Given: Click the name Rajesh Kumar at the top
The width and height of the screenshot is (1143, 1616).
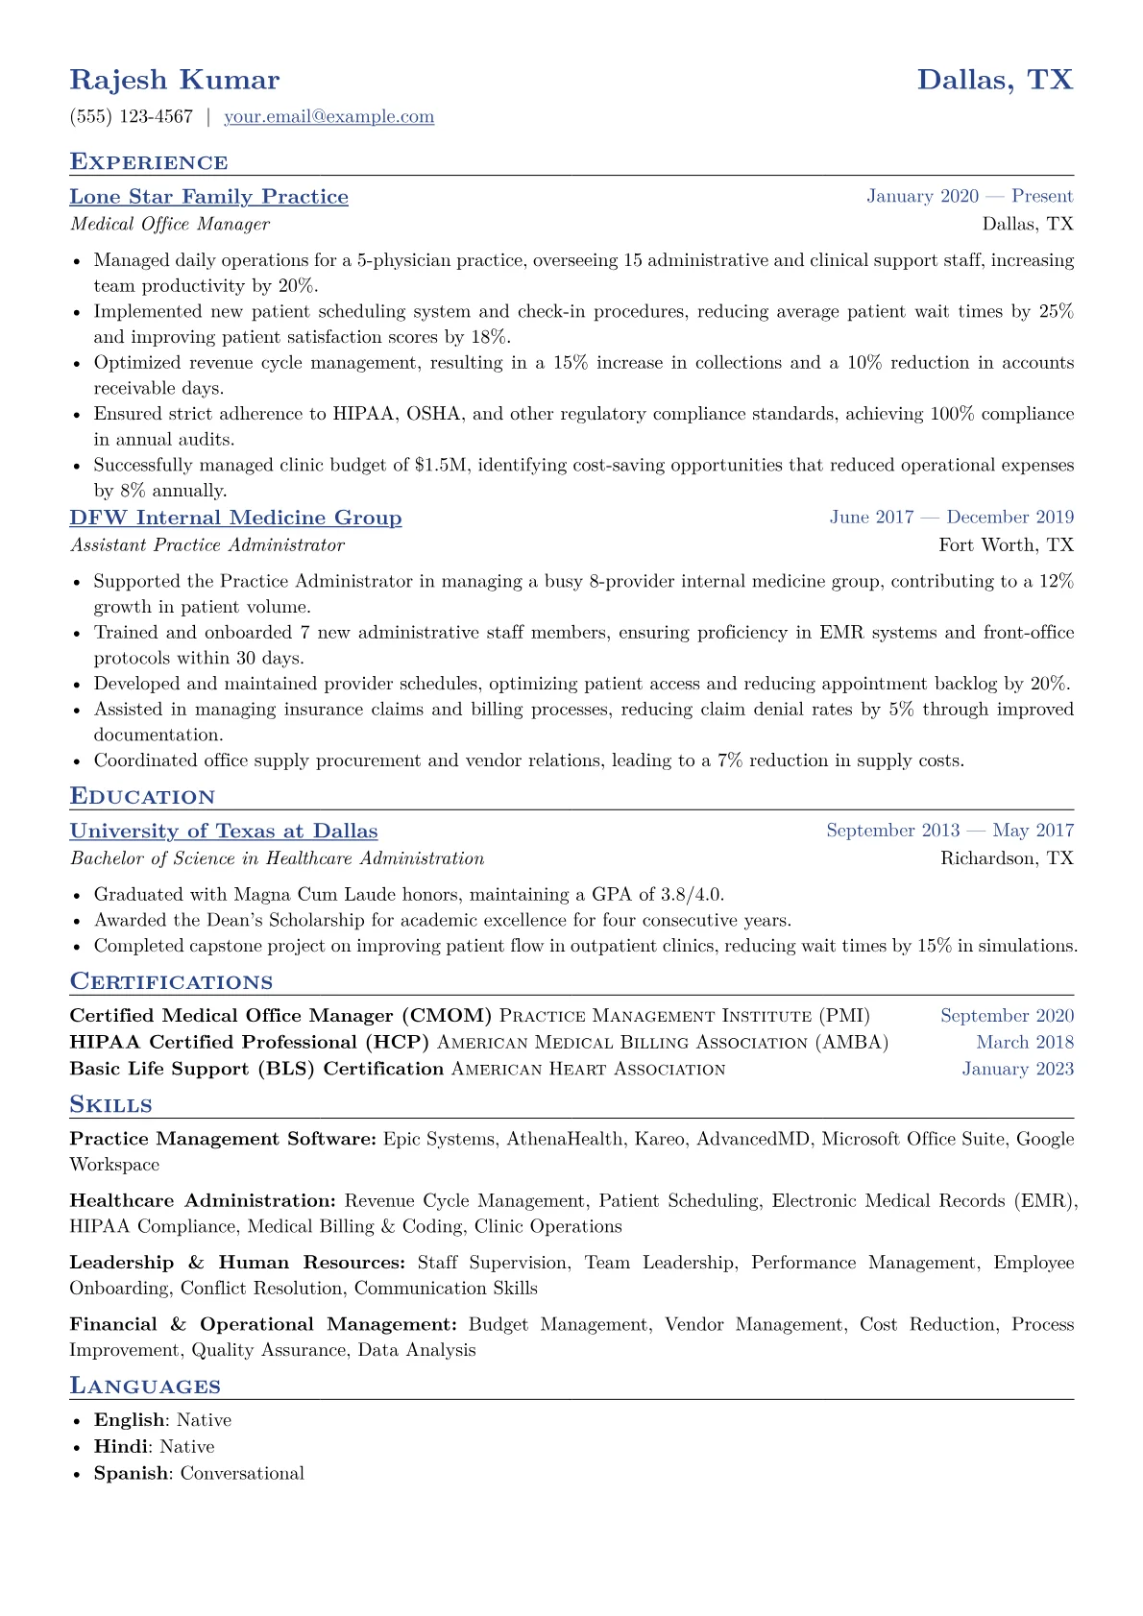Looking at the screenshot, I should coord(175,80).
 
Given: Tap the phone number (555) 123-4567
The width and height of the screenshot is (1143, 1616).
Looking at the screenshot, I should coord(132,117).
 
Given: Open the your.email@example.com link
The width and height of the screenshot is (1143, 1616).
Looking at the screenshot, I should coord(328,117).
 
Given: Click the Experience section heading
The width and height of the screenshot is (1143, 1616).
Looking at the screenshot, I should coord(149,162).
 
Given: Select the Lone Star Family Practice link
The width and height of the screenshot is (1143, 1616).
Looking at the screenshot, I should coord(208,197).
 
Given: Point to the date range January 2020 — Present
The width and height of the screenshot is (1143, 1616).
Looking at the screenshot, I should coord(969,197).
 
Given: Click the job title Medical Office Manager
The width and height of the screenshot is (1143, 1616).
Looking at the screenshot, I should coord(170,225).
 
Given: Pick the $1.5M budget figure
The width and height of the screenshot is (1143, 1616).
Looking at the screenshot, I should coord(441,466).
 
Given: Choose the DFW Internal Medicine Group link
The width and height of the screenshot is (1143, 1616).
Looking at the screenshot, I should coord(235,519).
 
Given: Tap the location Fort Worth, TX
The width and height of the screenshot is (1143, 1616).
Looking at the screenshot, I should coord(1006,545).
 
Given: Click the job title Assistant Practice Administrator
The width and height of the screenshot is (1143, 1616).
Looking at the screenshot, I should coord(207,545).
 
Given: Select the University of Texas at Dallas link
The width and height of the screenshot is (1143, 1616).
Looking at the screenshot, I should coord(224,832).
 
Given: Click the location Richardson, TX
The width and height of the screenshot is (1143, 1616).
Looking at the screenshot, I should coord(1007,858).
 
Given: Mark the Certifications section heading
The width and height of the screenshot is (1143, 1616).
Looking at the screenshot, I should coord(171,982).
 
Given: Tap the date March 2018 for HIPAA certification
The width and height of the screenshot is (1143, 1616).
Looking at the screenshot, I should coord(1025,1043).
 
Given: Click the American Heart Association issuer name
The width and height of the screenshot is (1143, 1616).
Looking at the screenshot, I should coord(588,1070).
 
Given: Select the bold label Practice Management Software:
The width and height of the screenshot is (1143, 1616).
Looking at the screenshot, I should coord(223,1140).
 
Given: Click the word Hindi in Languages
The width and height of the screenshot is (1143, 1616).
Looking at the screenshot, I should coord(121,1447).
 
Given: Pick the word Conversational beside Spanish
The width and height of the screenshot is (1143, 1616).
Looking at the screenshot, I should coord(242,1474).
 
